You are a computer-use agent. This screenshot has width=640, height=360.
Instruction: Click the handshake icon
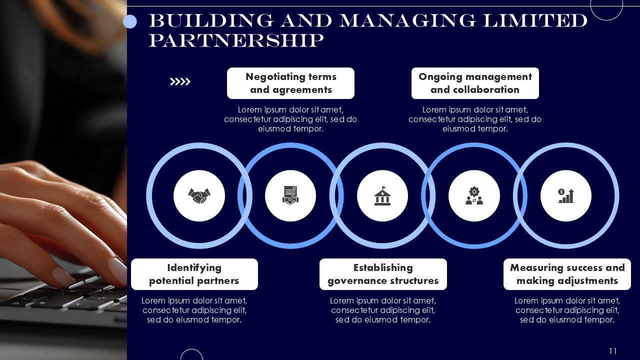coord(199,195)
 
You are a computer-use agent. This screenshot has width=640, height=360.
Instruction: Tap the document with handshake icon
coord(290,195)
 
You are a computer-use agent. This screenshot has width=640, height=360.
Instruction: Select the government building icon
coord(382,195)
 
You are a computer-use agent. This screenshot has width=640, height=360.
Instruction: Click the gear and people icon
coord(474,195)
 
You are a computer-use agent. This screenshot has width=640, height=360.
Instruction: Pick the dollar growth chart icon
coord(566,195)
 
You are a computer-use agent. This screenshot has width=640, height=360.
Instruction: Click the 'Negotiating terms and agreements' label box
coord(290,83)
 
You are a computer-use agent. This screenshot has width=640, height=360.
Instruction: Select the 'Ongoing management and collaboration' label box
coord(475,83)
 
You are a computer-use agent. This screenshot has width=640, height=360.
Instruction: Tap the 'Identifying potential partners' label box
coord(194,274)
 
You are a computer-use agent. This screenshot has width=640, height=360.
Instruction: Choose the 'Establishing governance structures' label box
coord(383,274)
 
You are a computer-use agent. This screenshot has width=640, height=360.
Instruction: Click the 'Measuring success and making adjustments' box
coord(567,274)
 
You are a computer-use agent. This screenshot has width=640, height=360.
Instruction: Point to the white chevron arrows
coord(180,81)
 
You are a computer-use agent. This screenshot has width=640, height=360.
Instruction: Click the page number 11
coord(613,351)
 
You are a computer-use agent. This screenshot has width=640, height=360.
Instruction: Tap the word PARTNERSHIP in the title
coord(236,40)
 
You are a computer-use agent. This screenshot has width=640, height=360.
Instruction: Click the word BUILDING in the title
coord(211,20)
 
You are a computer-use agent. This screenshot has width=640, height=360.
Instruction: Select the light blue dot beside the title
coord(130,21)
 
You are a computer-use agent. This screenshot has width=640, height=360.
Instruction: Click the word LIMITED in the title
coord(535,20)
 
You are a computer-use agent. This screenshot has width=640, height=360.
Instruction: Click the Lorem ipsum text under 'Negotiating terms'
coord(290,119)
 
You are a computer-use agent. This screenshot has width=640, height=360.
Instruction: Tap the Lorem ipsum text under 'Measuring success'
coord(567,310)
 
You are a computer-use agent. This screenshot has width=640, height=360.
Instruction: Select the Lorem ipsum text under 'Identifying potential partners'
coord(194,310)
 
